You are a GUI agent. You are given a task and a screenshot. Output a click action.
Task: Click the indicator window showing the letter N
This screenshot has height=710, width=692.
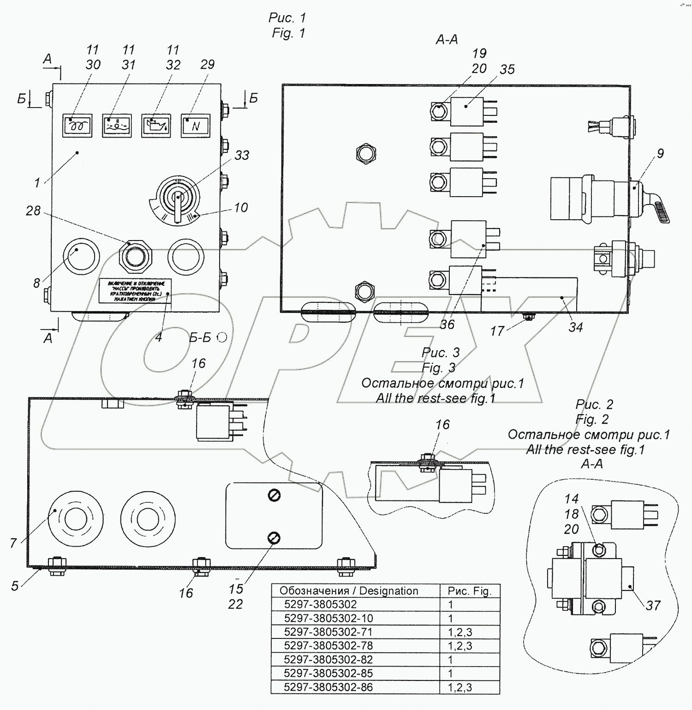tap(196, 126)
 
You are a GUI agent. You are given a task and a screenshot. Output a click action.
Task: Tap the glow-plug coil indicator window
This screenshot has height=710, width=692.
tap(77, 126)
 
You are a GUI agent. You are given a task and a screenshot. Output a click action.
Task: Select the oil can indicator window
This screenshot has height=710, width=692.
tap(156, 126)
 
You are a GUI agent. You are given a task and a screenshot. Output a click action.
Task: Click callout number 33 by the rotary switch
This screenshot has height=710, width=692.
tap(242, 156)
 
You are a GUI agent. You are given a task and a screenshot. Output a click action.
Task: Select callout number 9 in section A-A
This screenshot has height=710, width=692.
tap(660, 153)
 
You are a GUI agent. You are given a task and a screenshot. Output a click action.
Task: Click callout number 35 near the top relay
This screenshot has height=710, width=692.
tap(507, 69)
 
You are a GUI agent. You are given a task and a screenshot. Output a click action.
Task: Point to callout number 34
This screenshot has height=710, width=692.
tap(575, 327)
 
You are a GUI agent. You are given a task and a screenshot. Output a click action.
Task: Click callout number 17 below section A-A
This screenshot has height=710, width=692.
tap(497, 331)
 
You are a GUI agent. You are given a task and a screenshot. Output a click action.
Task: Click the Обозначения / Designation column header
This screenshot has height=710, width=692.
tap(349, 591)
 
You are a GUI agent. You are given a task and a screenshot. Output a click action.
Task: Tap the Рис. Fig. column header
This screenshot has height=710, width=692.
tap(470, 591)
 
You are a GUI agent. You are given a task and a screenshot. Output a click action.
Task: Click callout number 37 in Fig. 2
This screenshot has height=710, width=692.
tap(653, 605)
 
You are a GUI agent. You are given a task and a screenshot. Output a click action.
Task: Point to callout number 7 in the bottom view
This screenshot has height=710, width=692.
tap(14, 543)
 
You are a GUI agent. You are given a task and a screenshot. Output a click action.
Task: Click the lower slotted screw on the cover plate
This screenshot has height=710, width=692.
tap(274, 537)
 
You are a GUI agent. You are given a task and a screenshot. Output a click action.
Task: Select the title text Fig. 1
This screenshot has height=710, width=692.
tap(288, 33)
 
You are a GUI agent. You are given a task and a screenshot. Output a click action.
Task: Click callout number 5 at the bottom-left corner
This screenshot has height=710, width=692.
tap(15, 586)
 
